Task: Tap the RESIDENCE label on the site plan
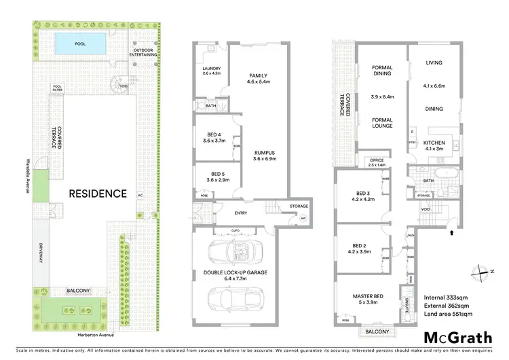97,193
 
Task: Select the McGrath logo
455,337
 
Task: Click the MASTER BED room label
369,296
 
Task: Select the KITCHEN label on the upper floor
434,142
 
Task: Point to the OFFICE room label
376,160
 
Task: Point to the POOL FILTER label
58,88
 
